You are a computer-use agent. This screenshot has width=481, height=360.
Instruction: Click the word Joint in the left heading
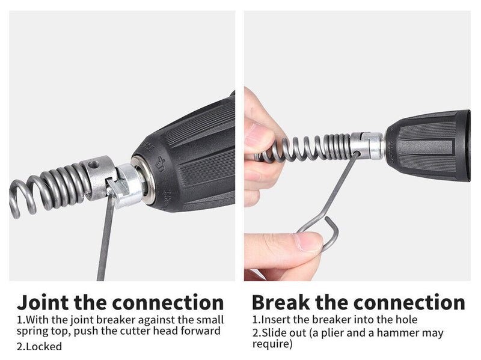[43, 302]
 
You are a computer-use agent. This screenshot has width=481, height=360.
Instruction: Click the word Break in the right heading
[281, 302]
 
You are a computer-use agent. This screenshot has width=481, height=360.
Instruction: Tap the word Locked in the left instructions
[44, 346]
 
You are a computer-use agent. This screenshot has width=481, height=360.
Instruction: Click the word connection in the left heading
[168, 303]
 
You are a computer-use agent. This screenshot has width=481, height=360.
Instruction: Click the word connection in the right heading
[409, 303]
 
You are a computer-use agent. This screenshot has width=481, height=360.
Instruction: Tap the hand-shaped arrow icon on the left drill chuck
[160, 163]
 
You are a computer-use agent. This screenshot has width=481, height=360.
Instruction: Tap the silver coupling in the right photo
[367, 145]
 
